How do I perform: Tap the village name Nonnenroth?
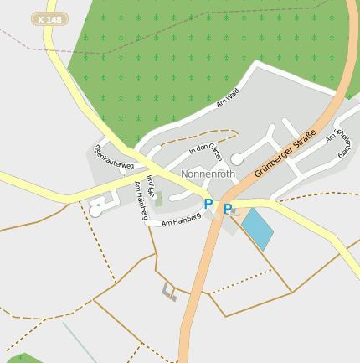click(208, 174)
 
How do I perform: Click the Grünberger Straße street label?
click(285, 153)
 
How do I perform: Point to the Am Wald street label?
click(227, 100)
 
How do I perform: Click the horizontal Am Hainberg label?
click(181, 220)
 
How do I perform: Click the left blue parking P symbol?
click(208, 204)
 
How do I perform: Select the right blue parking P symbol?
click(227, 209)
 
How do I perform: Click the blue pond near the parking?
click(257, 229)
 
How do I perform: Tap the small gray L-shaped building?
click(169, 292)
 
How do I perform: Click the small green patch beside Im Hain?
click(159, 199)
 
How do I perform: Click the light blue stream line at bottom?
click(84, 343)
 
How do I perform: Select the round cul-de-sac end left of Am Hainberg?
click(95, 211)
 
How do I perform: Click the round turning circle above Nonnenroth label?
click(237, 158)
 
